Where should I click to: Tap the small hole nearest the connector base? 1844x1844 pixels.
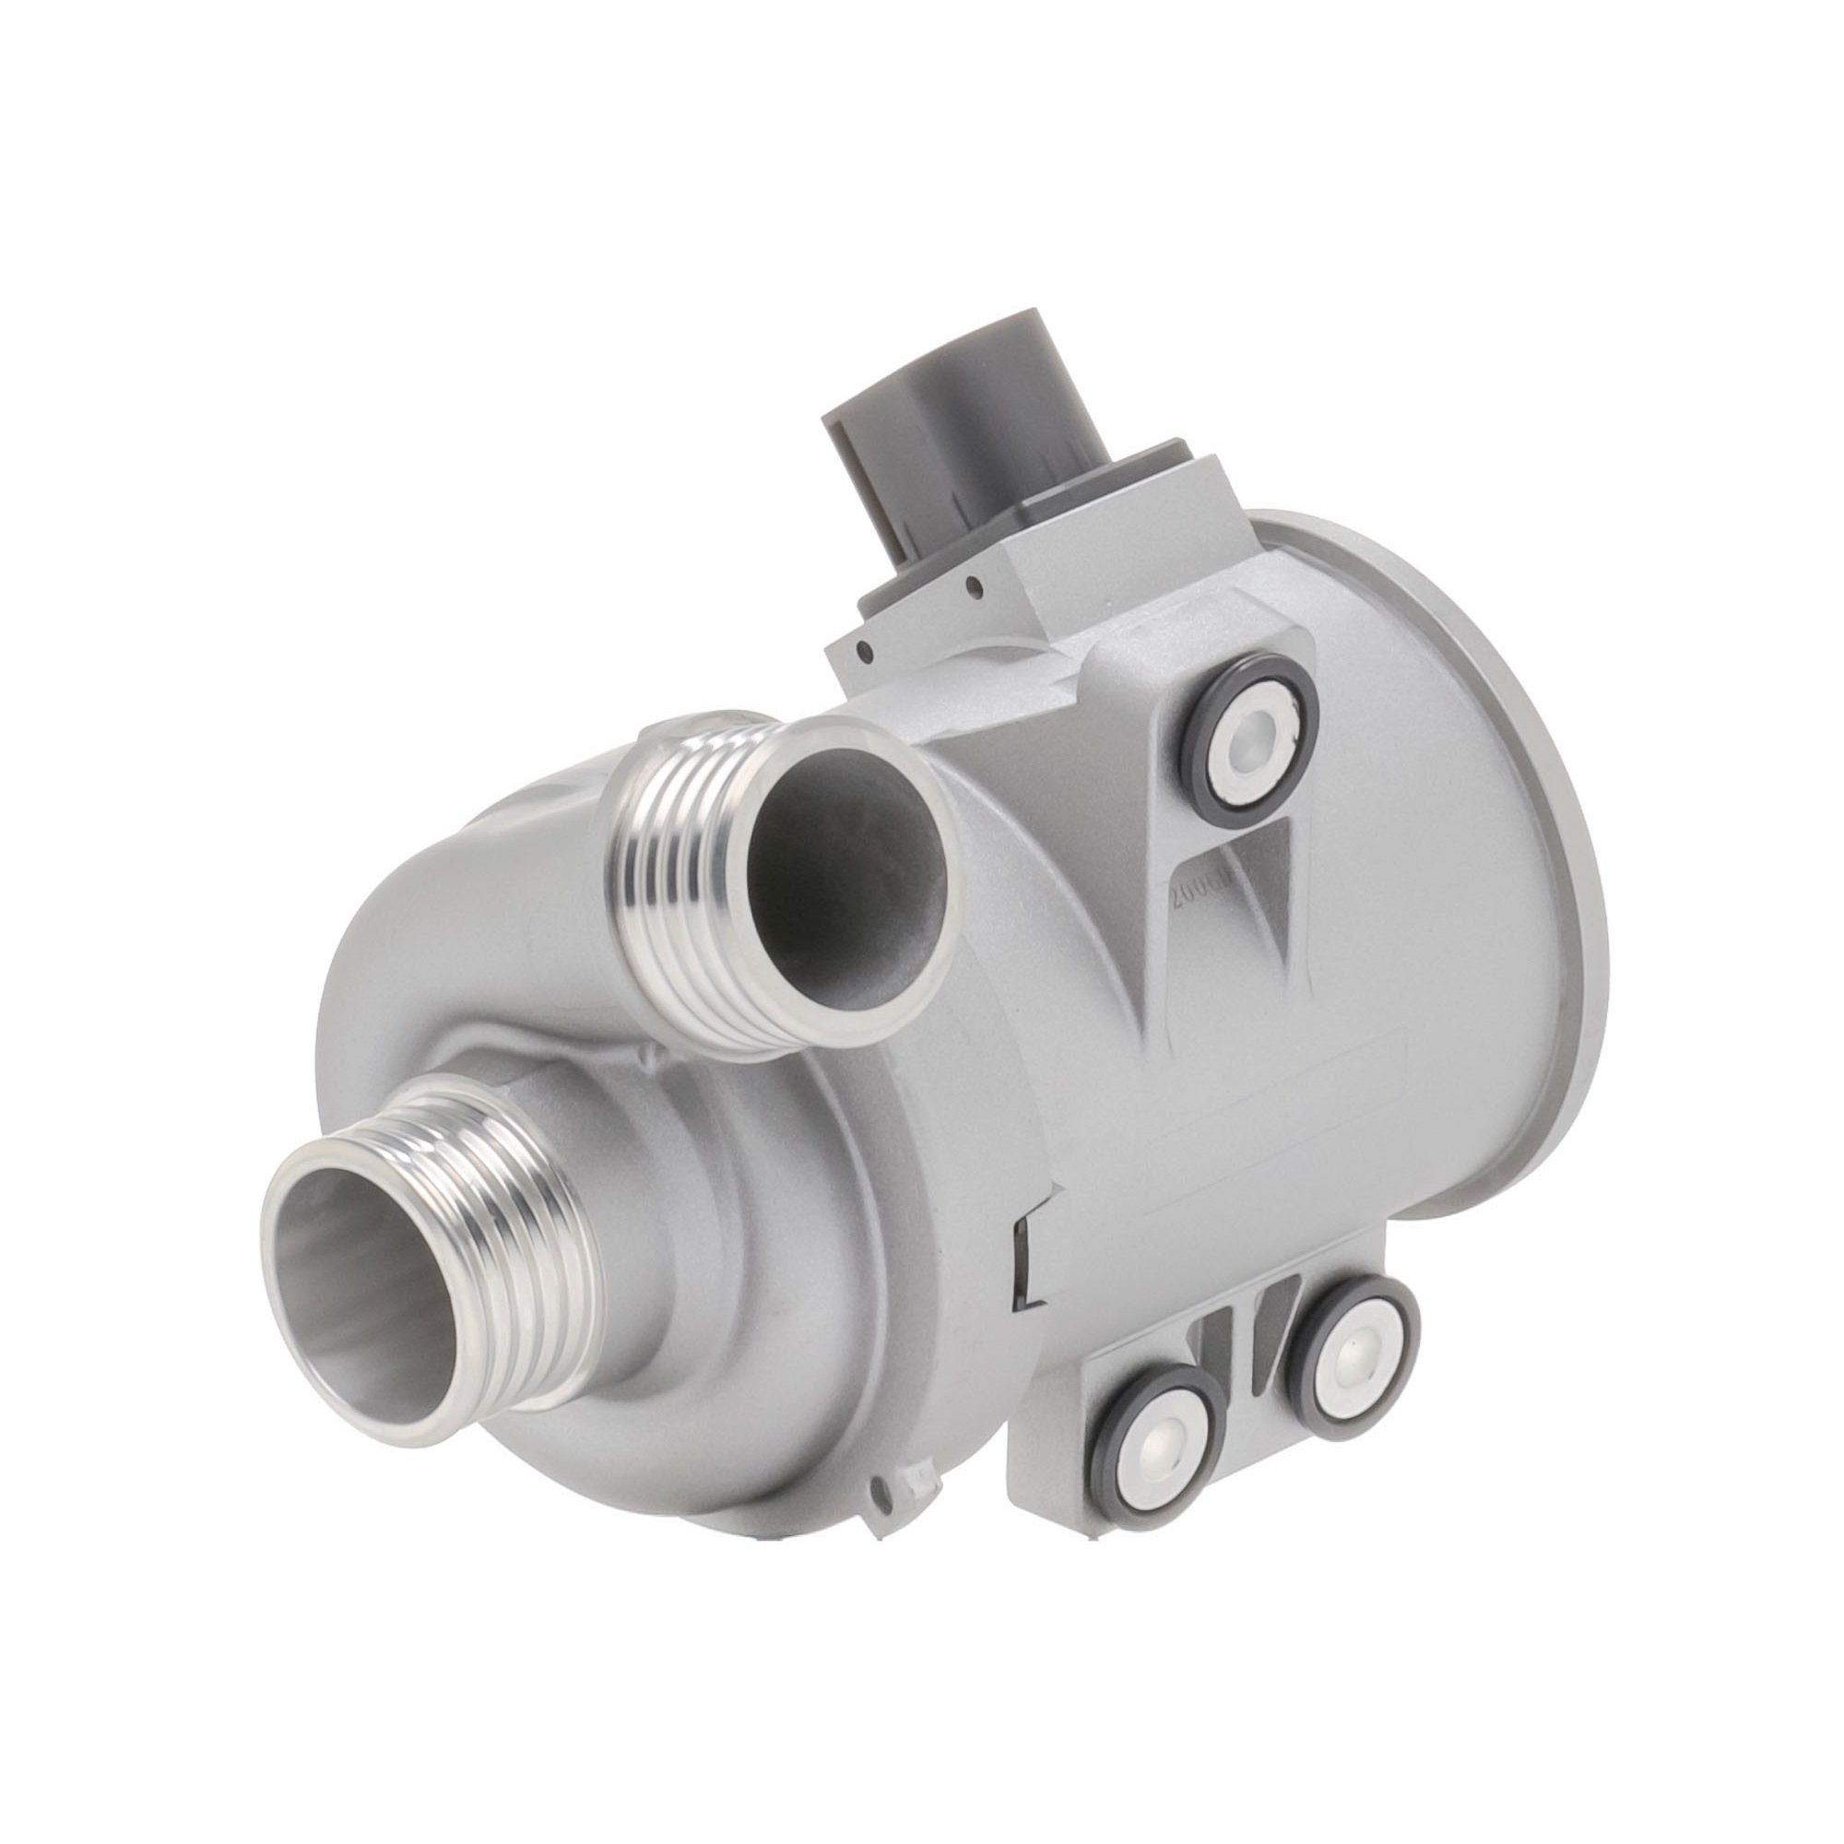click(x=973, y=585)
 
